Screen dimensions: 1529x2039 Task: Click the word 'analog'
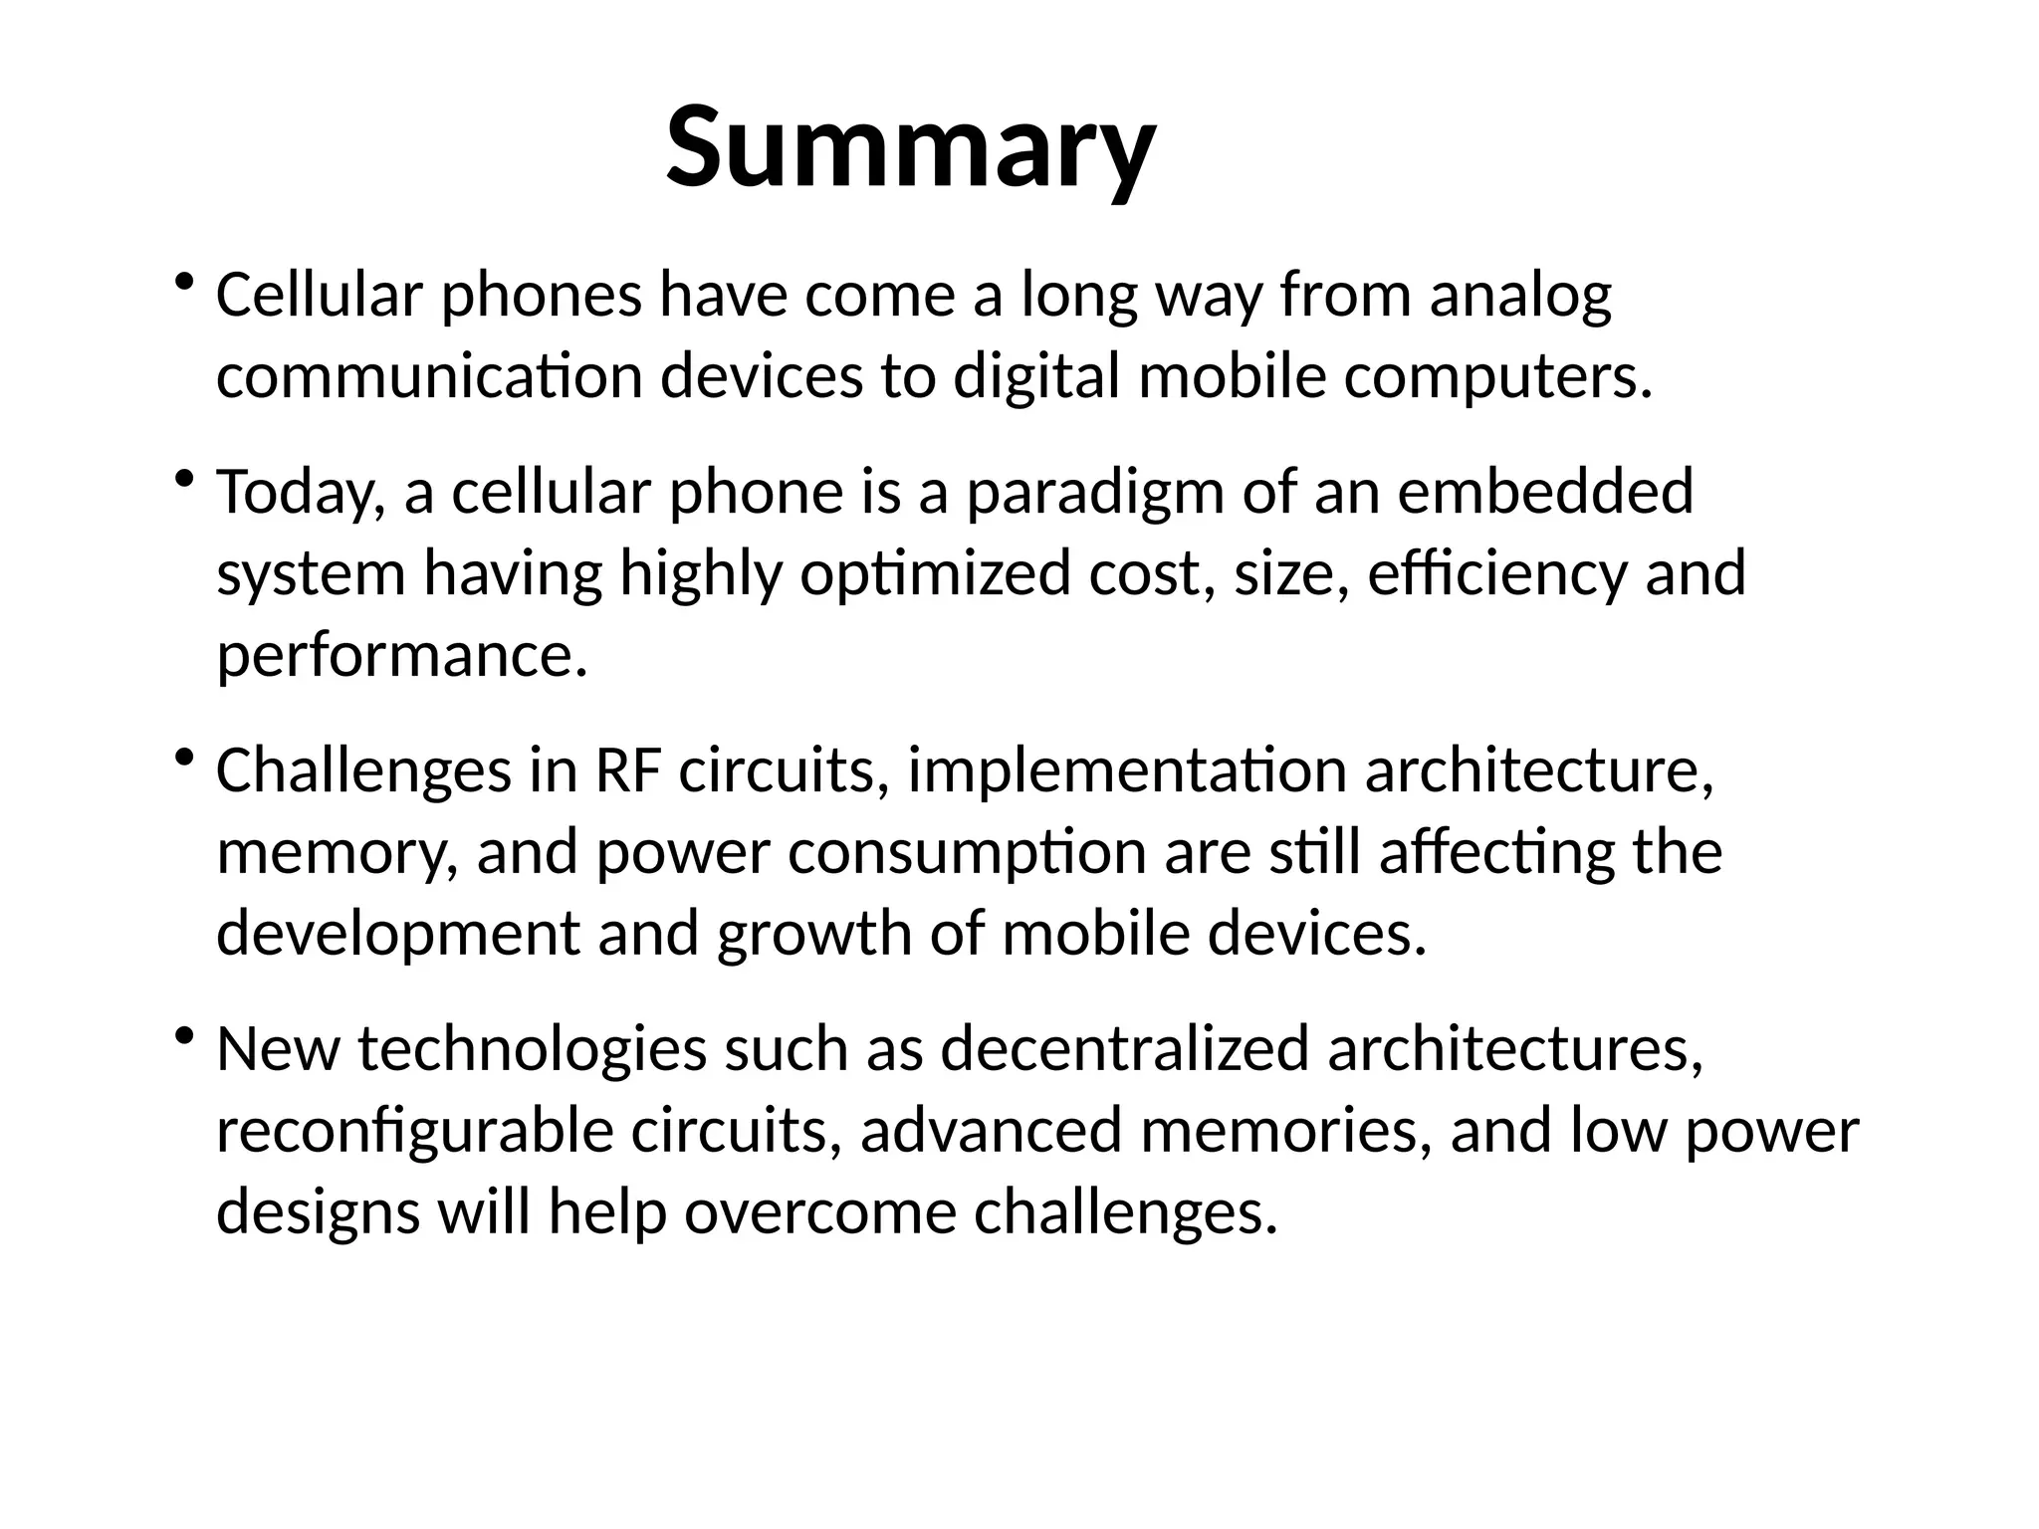[1520, 297]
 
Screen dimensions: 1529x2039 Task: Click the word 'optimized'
[934, 575]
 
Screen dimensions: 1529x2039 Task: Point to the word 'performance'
[401, 657]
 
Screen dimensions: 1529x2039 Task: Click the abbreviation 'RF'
[627, 772]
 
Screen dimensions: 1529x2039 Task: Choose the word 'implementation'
[1127, 772]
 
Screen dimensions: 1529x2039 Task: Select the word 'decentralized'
[1124, 1050]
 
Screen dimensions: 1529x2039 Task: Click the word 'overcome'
[819, 1213]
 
